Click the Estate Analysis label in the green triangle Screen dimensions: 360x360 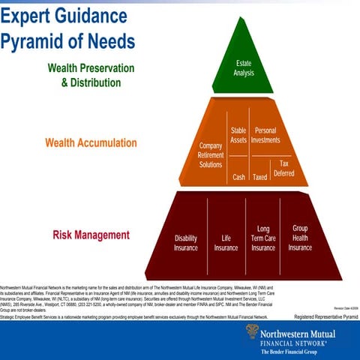[x=244, y=67]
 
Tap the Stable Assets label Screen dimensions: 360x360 [x=238, y=136]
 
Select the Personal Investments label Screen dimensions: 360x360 [x=265, y=136]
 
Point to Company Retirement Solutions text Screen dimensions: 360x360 [x=211, y=154]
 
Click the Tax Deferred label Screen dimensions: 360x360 [x=283, y=168]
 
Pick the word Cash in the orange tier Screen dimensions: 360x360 [x=238, y=178]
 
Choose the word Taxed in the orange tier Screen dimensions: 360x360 [x=260, y=178]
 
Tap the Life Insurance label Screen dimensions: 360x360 [x=226, y=243]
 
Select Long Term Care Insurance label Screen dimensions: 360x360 [x=263, y=238]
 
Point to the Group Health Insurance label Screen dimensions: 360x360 [x=300, y=238]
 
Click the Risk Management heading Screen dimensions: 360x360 [x=91, y=235]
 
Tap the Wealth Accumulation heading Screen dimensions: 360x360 [x=91, y=142]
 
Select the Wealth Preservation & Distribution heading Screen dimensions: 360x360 [x=91, y=74]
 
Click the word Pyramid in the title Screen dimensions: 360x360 [x=36, y=40]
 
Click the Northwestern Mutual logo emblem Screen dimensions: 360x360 [x=252, y=331]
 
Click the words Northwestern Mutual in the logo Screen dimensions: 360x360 [x=307, y=328]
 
